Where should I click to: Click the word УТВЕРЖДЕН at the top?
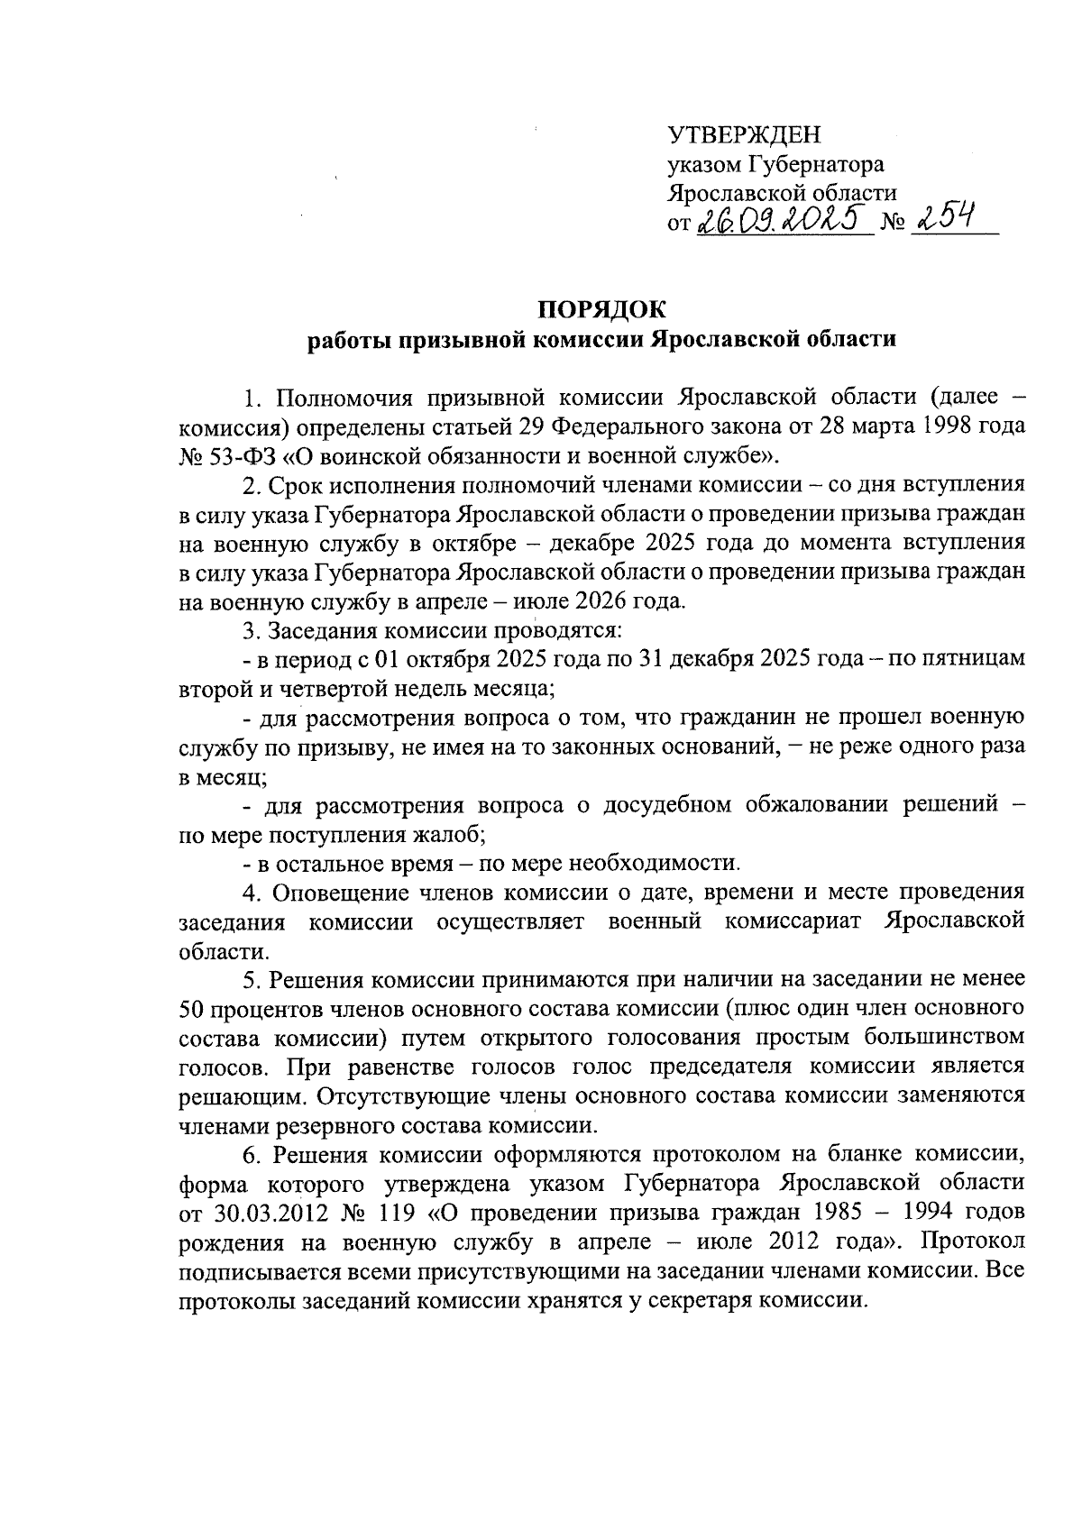tap(744, 135)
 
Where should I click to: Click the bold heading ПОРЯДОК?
tap(601, 310)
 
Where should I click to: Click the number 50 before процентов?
tap(194, 1009)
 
